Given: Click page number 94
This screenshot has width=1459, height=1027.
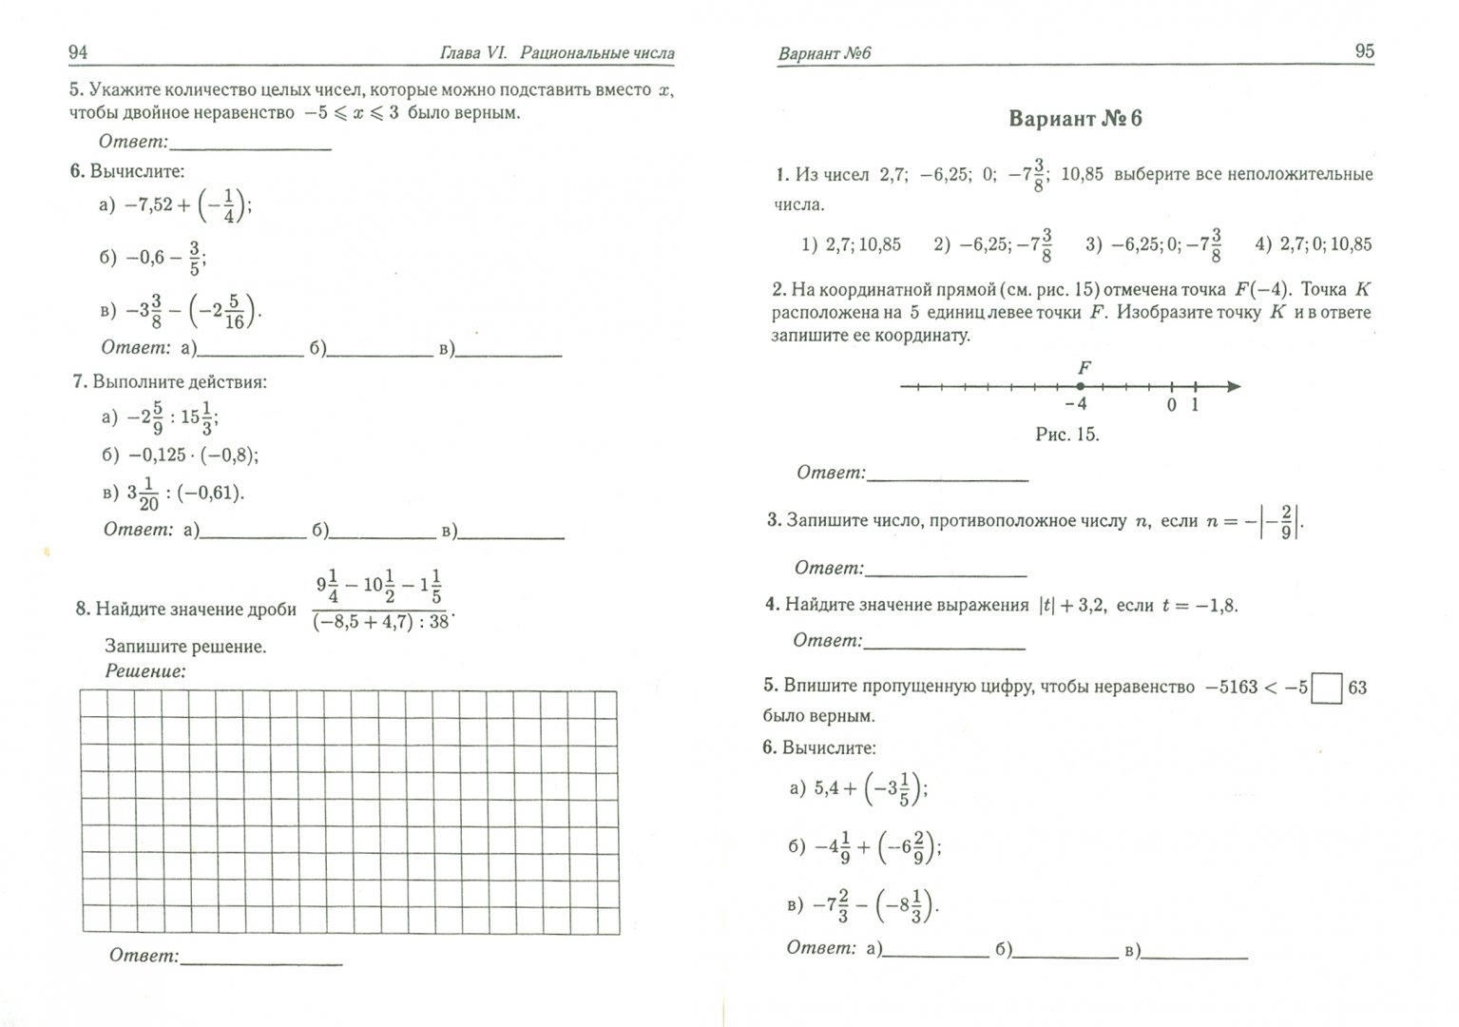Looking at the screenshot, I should (78, 52).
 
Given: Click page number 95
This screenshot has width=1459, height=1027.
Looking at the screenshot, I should (1364, 51).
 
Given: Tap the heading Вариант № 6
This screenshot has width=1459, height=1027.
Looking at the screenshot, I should (1075, 119).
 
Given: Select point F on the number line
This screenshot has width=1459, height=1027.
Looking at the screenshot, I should (1081, 386).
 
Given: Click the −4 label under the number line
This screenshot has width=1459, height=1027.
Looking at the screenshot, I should (1076, 404).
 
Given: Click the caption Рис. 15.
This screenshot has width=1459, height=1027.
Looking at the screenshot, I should (1066, 435).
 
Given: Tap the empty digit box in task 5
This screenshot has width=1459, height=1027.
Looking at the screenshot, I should (1326, 688).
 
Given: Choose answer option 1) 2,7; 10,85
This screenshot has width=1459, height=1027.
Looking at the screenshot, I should (851, 244).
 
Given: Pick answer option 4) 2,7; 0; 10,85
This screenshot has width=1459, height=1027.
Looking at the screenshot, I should (1313, 244).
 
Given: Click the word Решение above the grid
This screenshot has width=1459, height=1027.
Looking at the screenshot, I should (144, 671).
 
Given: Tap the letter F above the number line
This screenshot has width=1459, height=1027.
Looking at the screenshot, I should (1084, 367).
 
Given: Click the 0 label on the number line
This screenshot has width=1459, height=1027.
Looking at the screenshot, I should (1171, 405).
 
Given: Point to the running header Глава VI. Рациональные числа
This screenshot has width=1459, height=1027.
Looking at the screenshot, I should (556, 53).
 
